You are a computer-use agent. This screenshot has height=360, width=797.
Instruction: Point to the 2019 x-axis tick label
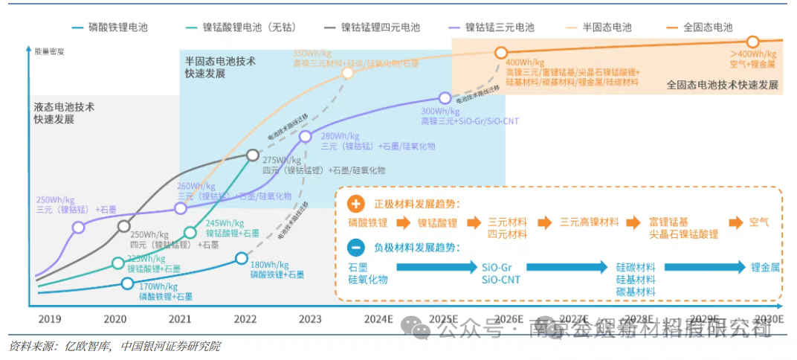[x=49, y=319]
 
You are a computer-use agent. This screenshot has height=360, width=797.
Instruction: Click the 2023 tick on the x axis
[x=310, y=319]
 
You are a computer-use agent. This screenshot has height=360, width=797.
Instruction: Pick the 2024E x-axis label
[x=377, y=319]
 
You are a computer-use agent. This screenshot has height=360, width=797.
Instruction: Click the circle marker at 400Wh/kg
[x=502, y=53]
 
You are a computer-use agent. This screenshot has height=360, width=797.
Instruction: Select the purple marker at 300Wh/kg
[x=445, y=97]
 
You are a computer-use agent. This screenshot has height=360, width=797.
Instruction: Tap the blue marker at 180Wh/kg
[x=241, y=258]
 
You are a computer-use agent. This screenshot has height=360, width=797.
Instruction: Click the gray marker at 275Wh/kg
[x=253, y=155]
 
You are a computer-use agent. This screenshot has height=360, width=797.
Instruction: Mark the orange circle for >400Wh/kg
[x=752, y=42]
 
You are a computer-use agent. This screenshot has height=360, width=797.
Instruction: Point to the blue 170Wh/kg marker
[x=127, y=283]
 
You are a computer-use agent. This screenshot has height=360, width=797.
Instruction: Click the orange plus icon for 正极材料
[x=356, y=204]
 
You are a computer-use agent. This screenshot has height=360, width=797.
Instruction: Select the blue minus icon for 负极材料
[x=356, y=248]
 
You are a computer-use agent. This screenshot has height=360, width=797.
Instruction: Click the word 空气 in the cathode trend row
[x=759, y=222]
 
